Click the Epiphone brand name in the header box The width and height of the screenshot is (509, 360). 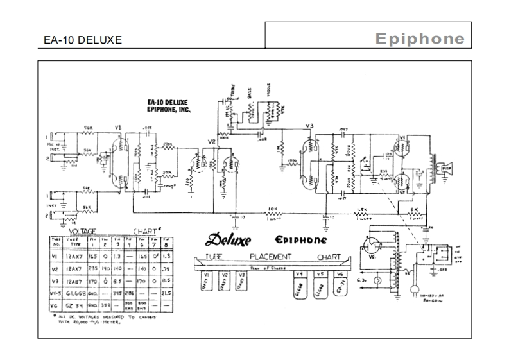[420, 39]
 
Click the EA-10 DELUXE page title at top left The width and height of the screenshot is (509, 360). [82, 40]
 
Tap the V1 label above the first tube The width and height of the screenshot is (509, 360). [117, 127]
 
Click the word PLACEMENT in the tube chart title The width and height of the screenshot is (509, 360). [270, 257]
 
